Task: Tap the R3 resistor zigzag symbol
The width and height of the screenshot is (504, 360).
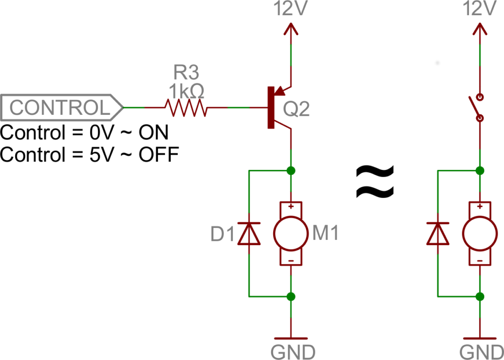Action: (186, 107)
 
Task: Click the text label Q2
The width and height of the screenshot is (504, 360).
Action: (297, 109)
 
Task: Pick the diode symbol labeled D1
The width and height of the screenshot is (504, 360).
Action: (249, 233)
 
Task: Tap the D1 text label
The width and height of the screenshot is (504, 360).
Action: (222, 234)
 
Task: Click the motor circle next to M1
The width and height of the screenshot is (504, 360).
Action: (291, 233)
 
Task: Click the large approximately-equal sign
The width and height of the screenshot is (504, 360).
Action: (375, 181)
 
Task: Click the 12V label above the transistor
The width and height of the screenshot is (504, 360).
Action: (291, 9)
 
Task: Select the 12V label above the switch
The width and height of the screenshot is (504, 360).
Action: (480, 9)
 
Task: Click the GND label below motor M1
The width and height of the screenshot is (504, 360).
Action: (292, 352)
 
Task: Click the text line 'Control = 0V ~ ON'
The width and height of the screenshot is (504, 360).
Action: (84, 132)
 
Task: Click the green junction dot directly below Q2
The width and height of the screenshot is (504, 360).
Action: (291, 171)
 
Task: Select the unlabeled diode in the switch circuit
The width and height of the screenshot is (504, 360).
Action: (438, 233)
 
